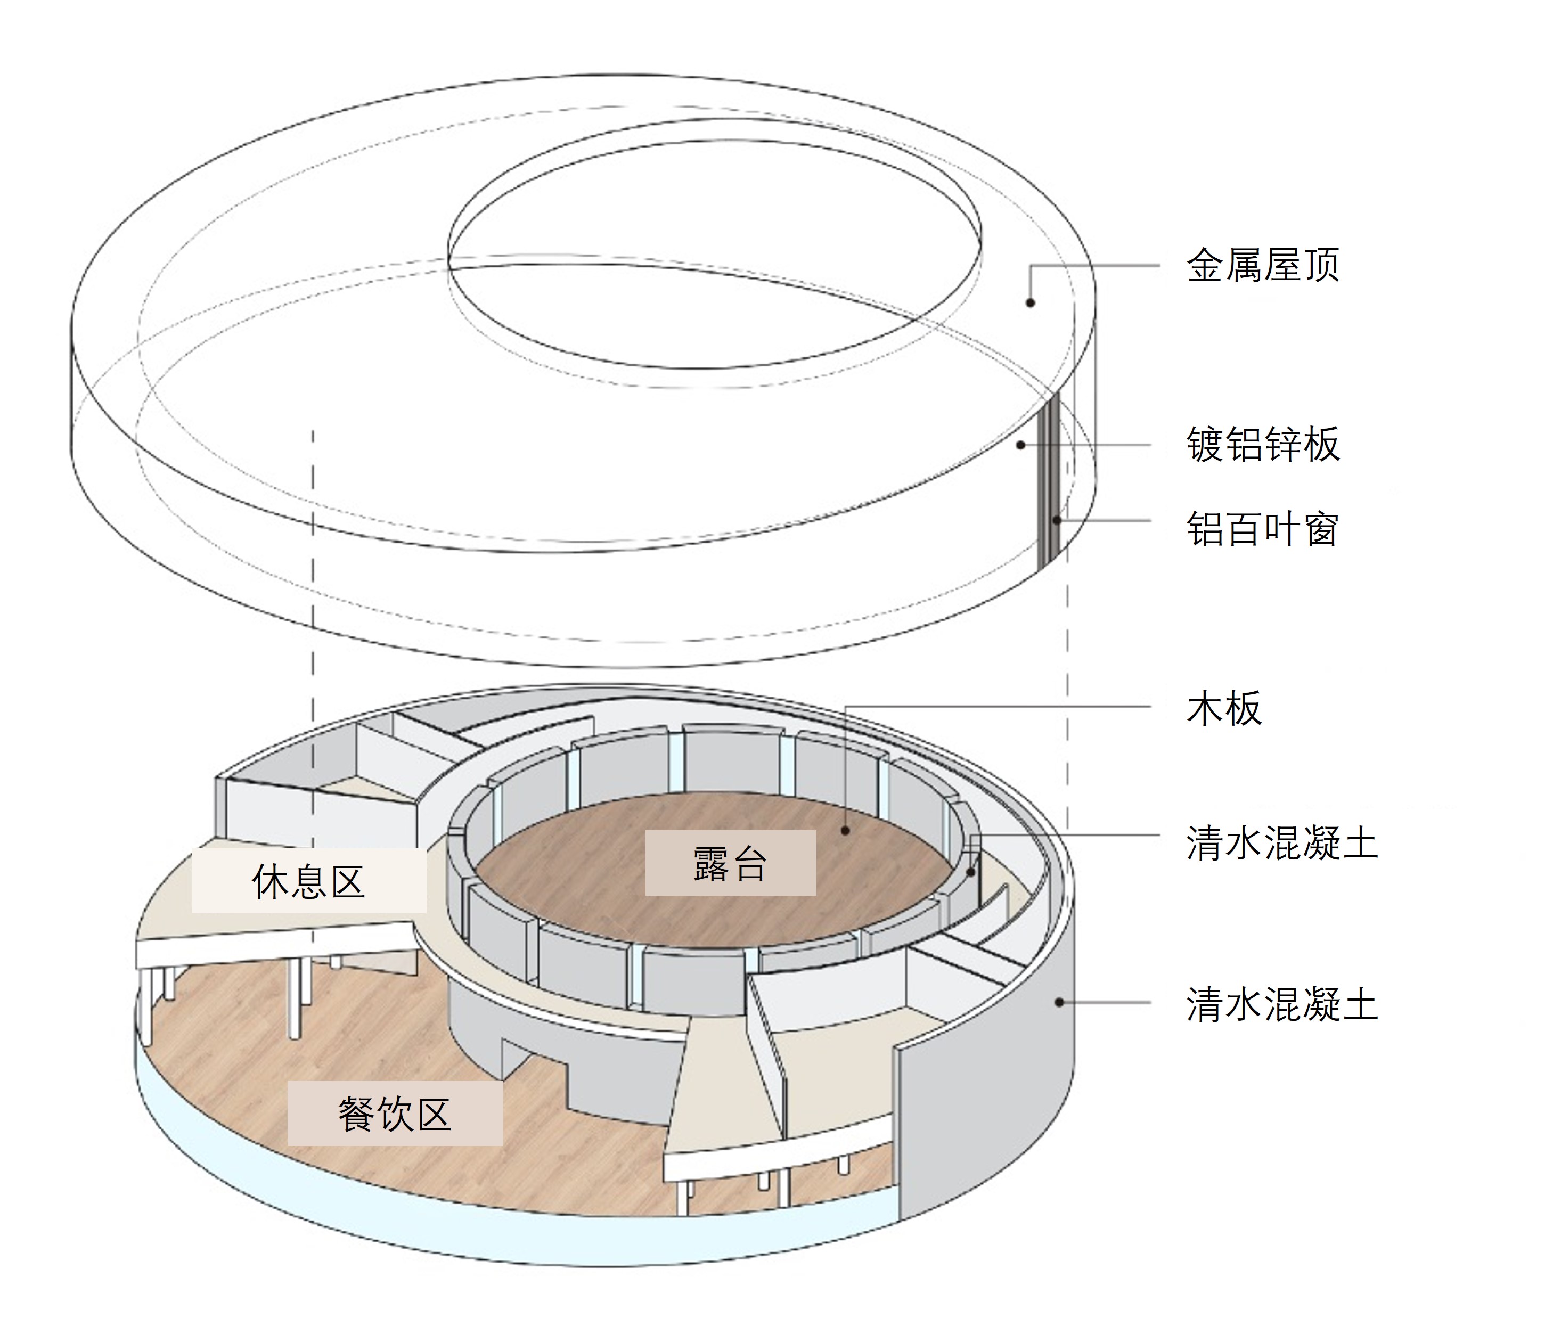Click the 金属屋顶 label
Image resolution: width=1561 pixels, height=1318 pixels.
1263,265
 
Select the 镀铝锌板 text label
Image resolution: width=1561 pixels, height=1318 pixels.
1263,445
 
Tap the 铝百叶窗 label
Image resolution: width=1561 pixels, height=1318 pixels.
1263,529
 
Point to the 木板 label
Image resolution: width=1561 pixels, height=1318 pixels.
1224,708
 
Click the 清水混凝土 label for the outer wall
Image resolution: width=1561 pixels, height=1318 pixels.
1281,1003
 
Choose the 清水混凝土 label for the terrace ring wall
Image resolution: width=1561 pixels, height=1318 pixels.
1281,844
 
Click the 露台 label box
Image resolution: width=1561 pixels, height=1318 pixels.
730,863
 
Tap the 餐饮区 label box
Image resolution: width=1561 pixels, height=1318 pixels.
395,1114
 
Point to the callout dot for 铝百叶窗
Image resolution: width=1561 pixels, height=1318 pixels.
1057,520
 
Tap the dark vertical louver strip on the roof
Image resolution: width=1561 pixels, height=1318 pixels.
1049,486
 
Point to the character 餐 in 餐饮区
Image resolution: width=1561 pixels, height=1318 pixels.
356,1114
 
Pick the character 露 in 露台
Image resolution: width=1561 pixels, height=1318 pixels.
710,863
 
